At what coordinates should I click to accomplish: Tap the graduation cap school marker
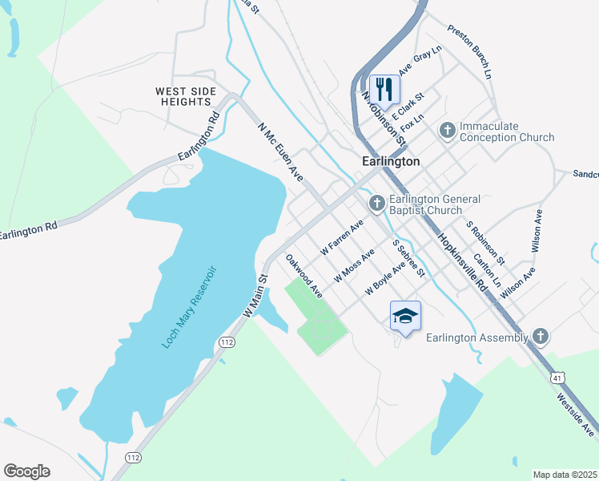tap(405, 315)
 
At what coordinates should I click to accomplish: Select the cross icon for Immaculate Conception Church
tap(447, 129)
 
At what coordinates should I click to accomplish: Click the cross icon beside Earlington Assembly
tap(541, 337)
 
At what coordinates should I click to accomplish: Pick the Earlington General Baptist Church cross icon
tap(376, 201)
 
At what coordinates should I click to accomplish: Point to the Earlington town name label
tap(391, 161)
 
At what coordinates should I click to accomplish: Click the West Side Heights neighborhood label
tap(186, 97)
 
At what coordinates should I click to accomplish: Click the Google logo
tap(26, 471)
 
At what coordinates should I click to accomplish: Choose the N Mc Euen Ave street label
tap(280, 152)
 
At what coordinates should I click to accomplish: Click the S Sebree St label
tap(408, 257)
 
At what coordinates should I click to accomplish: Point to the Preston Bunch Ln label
tap(470, 51)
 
